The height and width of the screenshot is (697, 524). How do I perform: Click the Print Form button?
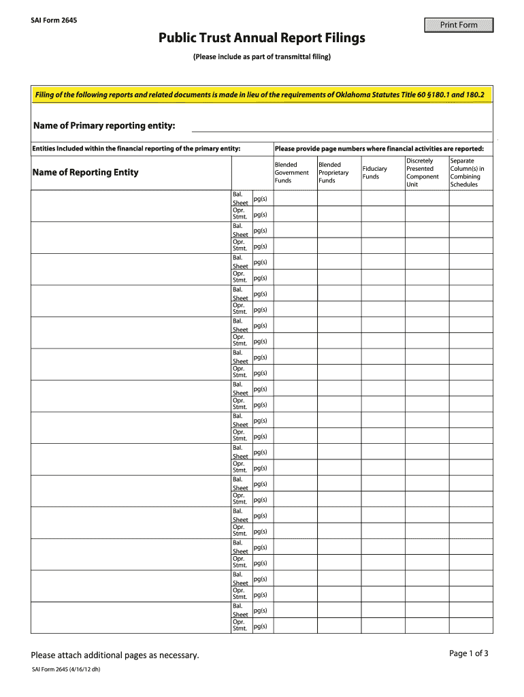pyautogui.click(x=459, y=25)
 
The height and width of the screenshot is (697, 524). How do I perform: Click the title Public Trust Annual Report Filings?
pyautogui.click(x=262, y=38)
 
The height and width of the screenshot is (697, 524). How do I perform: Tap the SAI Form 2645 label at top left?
pyautogui.click(x=54, y=20)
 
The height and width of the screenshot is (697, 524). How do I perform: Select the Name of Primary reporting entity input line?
pyautogui.click(x=342, y=126)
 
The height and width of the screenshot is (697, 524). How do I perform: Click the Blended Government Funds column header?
pyautogui.click(x=291, y=173)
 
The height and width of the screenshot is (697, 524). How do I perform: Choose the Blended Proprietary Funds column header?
pyautogui.click(x=333, y=173)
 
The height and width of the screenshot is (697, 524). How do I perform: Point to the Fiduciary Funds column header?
pyautogui.click(x=375, y=173)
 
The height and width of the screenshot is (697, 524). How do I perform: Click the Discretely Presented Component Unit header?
pyautogui.click(x=423, y=173)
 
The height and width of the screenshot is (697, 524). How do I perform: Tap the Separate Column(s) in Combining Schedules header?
pyautogui.click(x=468, y=173)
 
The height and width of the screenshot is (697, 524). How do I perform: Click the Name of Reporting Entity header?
pyautogui.click(x=85, y=172)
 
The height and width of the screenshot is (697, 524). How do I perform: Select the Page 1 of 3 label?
pyautogui.click(x=469, y=653)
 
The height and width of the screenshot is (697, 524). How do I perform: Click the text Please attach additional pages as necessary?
pyautogui.click(x=115, y=655)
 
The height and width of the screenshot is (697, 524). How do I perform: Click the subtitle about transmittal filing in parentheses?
pyautogui.click(x=262, y=56)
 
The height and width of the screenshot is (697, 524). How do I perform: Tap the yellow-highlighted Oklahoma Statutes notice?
pyautogui.click(x=259, y=95)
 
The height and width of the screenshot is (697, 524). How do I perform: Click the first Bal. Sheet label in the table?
pyautogui.click(x=240, y=198)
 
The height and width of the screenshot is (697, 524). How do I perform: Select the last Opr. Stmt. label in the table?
pyautogui.click(x=240, y=625)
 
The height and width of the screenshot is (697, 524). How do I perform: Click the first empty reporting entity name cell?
pyautogui.click(x=131, y=206)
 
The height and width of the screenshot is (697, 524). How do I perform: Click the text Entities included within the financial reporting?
pyautogui.click(x=136, y=148)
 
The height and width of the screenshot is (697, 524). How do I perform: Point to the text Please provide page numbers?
pyautogui.click(x=379, y=148)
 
